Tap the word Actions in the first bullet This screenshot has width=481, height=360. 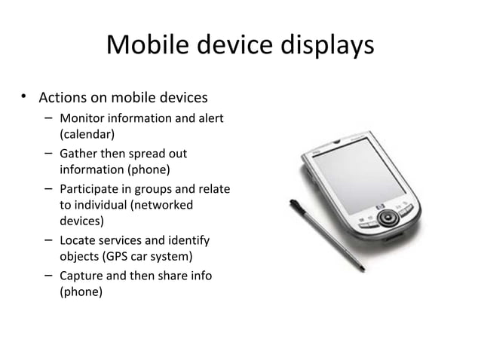(x=64, y=98)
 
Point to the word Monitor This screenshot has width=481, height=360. (x=83, y=118)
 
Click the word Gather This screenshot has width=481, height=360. (x=78, y=154)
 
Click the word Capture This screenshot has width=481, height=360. (x=81, y=276)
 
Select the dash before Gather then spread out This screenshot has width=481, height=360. (x=47, y=154)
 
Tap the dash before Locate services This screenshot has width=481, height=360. (x=47, y=240)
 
